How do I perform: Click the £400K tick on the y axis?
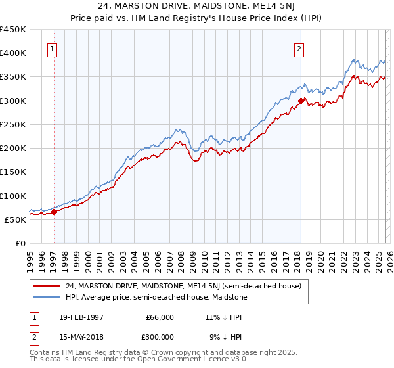13,53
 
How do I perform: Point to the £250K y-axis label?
13,124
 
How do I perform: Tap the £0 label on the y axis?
20,243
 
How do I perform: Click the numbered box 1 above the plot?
52,48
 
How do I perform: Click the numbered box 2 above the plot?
299,48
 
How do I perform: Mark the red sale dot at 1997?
55,212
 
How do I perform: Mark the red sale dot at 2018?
301,101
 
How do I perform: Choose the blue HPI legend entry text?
156,297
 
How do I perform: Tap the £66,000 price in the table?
160,317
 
